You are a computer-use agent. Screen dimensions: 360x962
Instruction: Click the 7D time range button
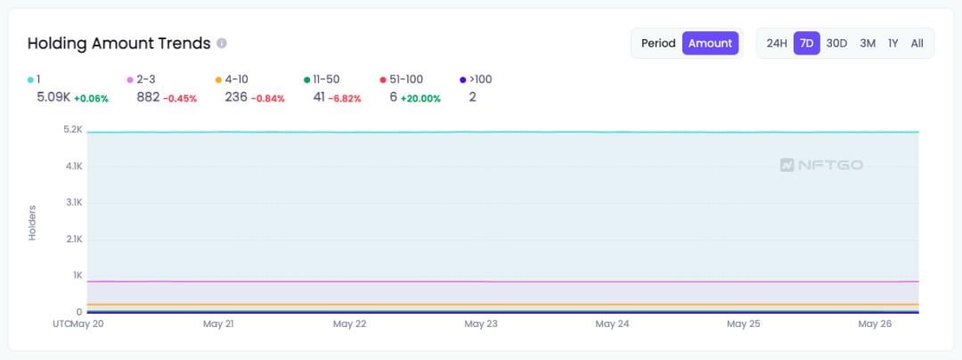pyautogui.click(x=807, y=43)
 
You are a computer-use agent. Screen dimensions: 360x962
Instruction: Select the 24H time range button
pyautogui.click(x=777, y=43)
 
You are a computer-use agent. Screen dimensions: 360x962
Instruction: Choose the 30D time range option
pyautogui.click(x=836, y=43)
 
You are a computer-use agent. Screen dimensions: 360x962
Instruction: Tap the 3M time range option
pyautogui.click(x=868, y=43)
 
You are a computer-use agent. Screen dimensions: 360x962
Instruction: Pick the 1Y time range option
pyautogui.click(x=893, y=43)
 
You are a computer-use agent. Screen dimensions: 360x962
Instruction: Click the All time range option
pyautogui.click(x=917, y=43)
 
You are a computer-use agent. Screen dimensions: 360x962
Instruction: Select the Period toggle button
pyautogui.click(x=658, y=43)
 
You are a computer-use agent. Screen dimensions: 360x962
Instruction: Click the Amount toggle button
pyautogui.click(x=710, y=43)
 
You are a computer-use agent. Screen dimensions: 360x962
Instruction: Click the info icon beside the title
pyautogui.click(x=222, y=43)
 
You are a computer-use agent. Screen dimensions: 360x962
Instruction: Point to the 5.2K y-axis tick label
pyautogui.click(x=72, y=130)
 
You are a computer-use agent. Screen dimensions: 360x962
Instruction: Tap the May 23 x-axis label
pyautogui.click(x=480, y=324)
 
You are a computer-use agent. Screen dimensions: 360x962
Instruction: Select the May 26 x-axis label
pyautogui.click(x=875, y=324)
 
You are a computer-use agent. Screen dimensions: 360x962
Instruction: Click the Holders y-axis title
pyautogui.click(x=32, y=222)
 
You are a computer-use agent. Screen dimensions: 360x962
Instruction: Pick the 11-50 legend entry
pyautogui.click(x=322, y=79)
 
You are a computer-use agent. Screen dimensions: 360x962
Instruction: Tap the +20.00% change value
pyautogui.click(x=420, y=98)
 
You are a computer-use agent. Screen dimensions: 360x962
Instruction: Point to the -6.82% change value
pyautogui.click(x=345, y=98)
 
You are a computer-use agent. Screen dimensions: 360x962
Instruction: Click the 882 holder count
pyautogui.click(x=148, y=97)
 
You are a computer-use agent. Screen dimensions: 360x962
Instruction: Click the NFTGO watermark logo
pyautogui.click(x=821, y=165)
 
